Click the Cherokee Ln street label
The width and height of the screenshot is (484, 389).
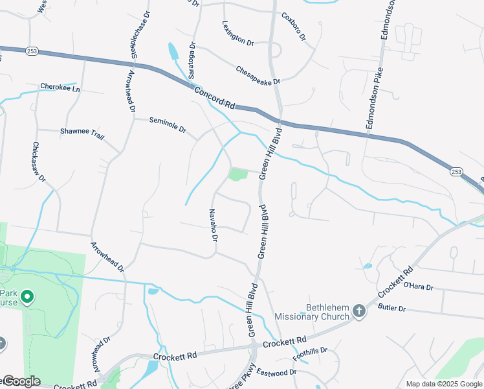[60, 88]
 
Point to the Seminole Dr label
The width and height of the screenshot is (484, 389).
[168, 124]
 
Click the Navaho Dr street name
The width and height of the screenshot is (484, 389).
[212, 225]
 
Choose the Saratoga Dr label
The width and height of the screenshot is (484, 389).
[192, 60]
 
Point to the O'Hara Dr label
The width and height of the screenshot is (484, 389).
[418, 285]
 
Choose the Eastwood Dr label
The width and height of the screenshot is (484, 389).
[276, 372]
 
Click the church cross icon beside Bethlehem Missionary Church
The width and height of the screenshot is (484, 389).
[359, 312]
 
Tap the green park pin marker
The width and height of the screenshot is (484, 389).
[27, 298]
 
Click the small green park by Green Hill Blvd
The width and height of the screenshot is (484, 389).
[237, 174]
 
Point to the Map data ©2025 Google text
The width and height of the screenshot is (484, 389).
[443, 384]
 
